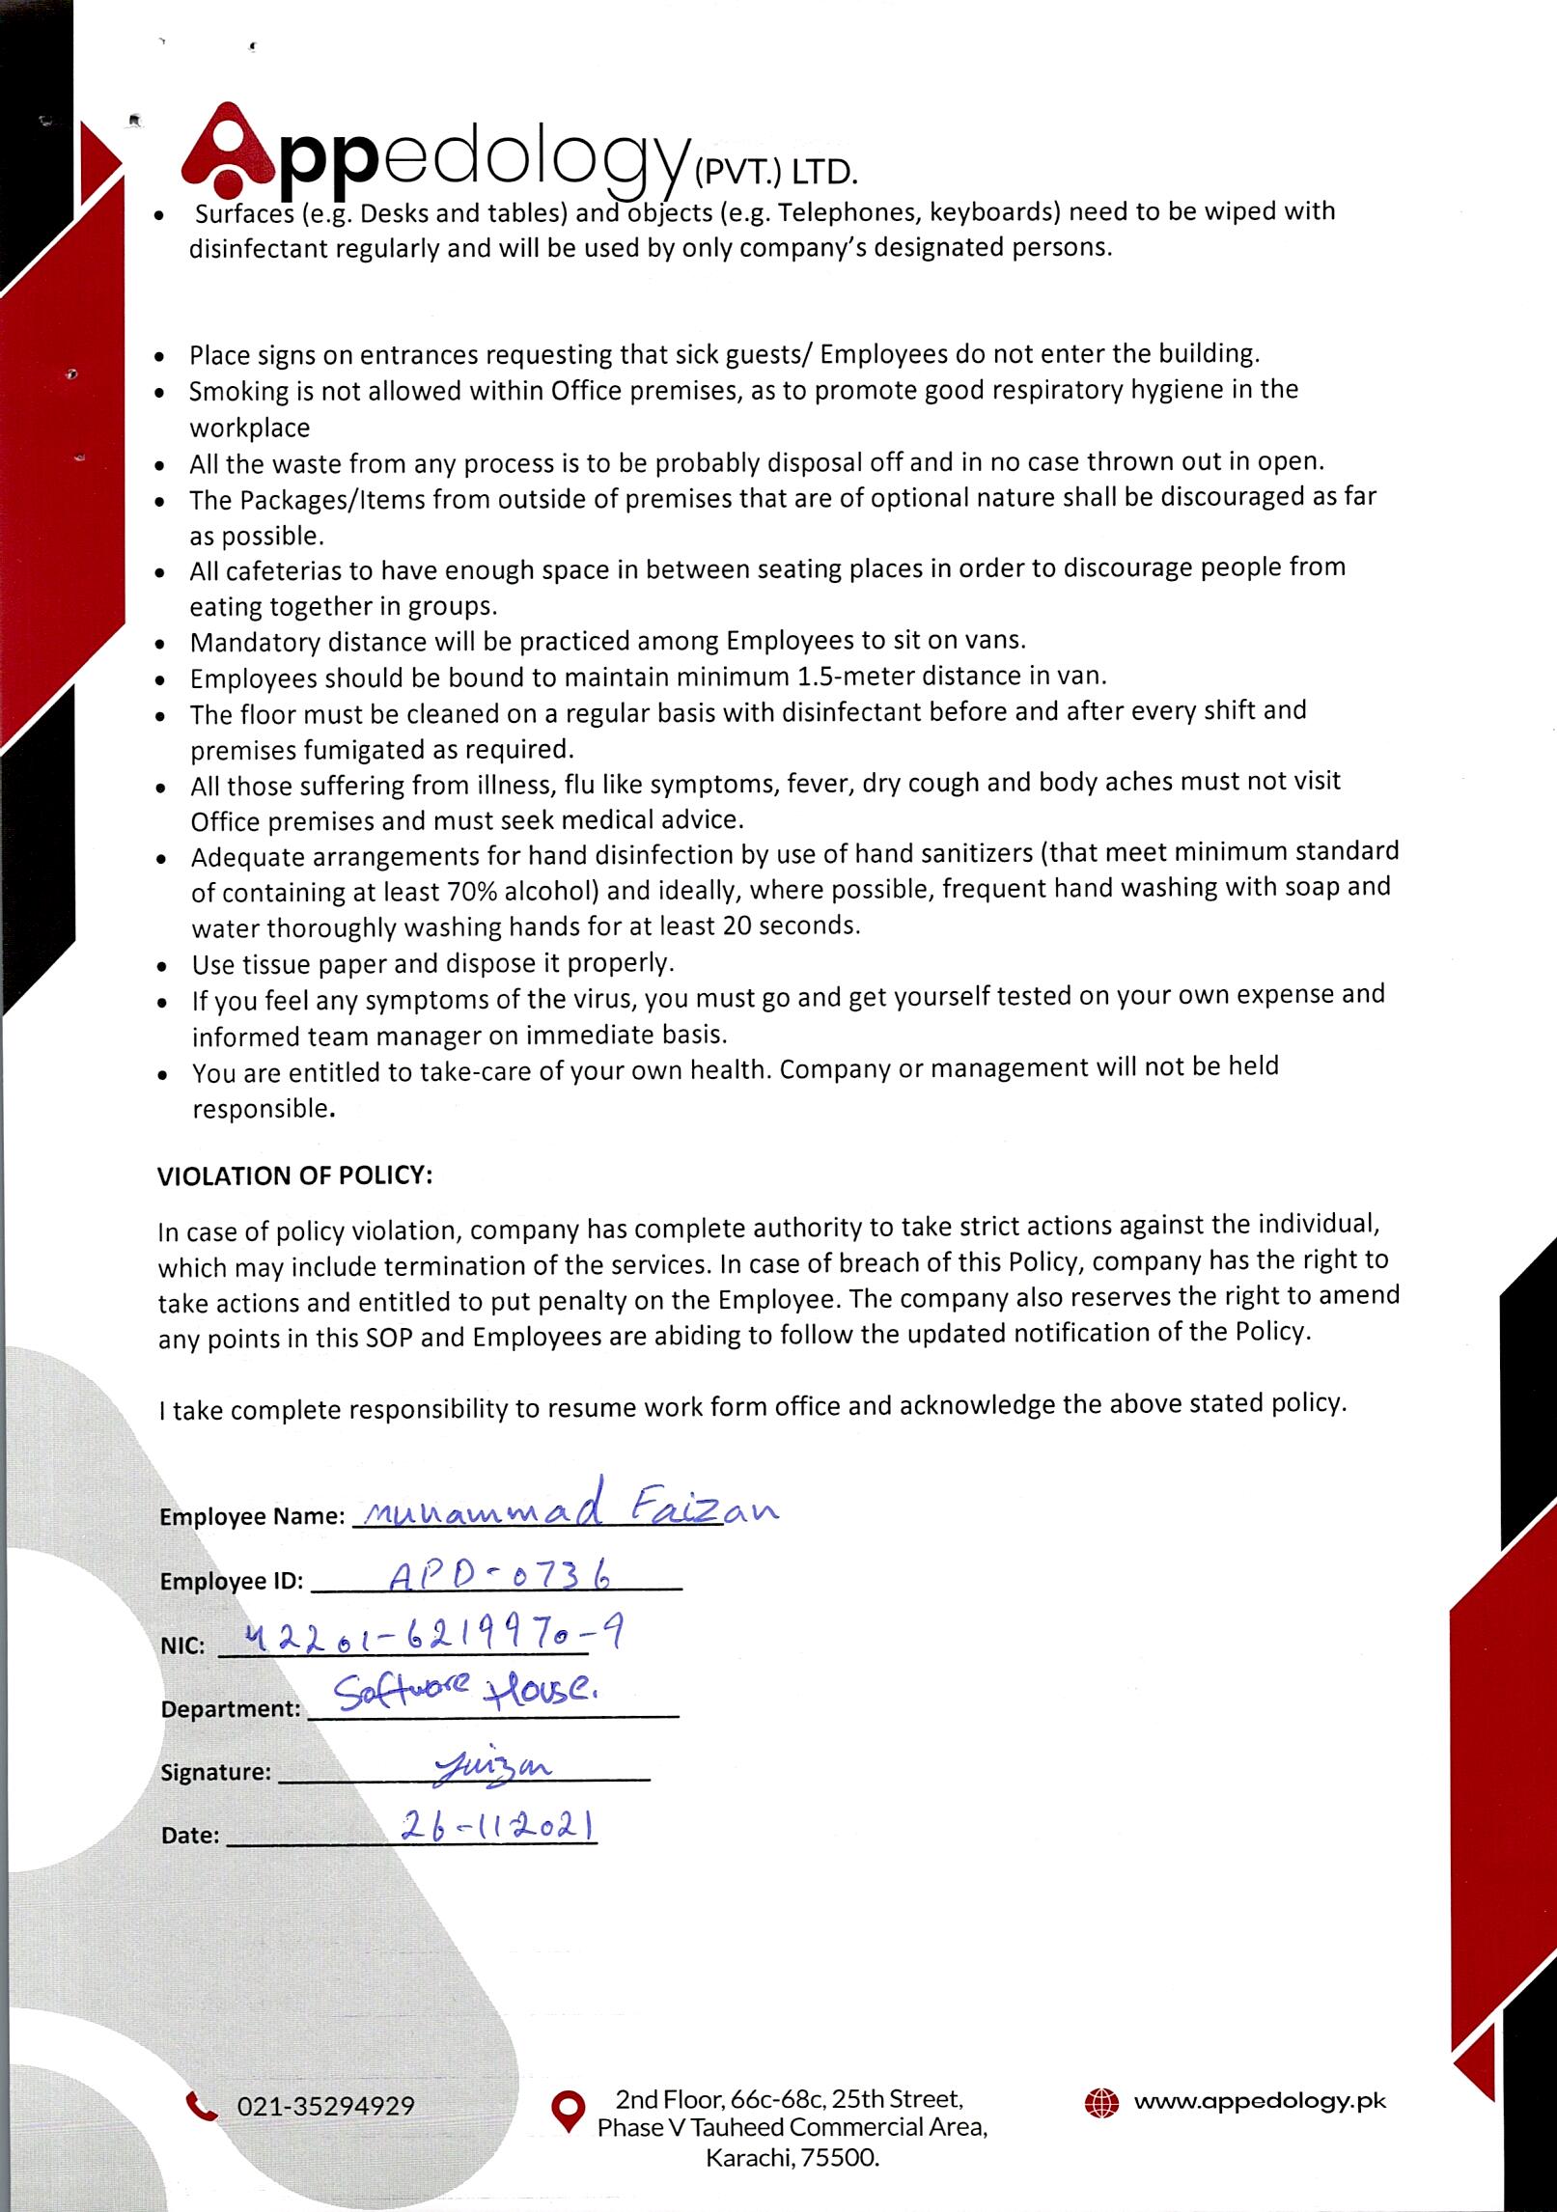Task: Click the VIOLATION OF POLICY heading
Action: click(294, 1176)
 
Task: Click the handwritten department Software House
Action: click(465, 1693)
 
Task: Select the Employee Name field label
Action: click(252, 1516)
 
